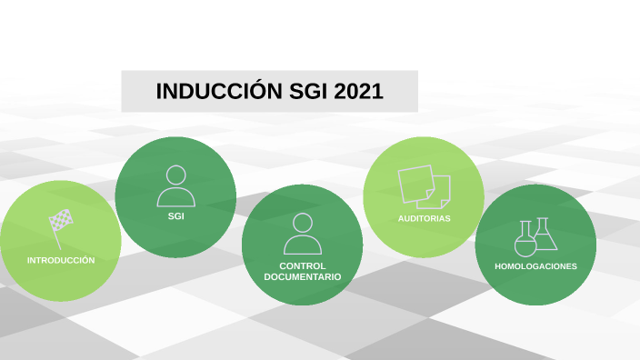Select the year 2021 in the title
pyautogui.click(x=358, y=92)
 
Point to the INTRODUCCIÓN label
pyautogui.click(x=61, y=260)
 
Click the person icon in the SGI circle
pyautogui.click(x=175, y=186)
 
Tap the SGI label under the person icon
pyautogui.click(x=175, y=216)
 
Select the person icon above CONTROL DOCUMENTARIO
pyautogui.click(x=302, y=234)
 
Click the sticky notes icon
pyautogui.click(x=424, y=186)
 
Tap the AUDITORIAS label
pyautogui.click(x=424, y=219)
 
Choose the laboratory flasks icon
pyautogui.click(x=535, y=237)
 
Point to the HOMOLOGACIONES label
pyautogui.click(x=535, y=266)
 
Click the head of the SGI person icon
pyautogui.click(x=175, y=175)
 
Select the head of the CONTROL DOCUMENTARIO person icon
pyautogui.click(x=302, y=222)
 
